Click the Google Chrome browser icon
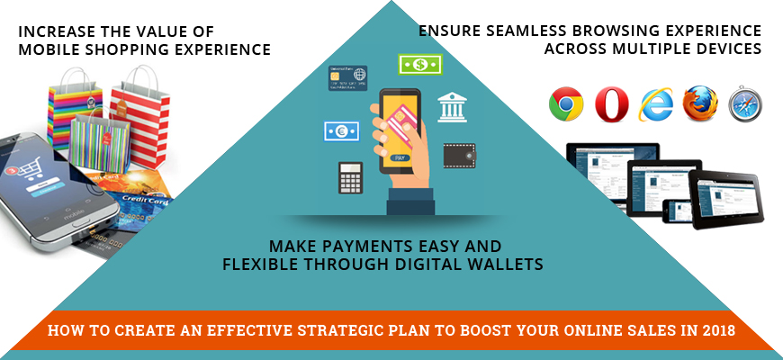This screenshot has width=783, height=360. (x=566, y=103)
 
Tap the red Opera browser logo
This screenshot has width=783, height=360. (x=611, y=103)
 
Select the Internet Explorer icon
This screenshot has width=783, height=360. (x=656, y=103)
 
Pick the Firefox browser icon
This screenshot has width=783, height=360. (x=700, y=103)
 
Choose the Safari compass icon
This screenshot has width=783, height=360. (x=745, y=103)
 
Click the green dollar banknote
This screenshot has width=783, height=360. (x=420, y=64)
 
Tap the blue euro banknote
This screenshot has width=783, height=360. (x=342, y=131)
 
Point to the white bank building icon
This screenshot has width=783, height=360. (x=452, y=107)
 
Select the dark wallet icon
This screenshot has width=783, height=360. (x=459, y=156)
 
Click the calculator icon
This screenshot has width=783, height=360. (x=350, y=178)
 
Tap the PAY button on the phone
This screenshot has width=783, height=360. (x=400, y=157)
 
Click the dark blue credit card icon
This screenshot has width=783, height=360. (x=347, y=78)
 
